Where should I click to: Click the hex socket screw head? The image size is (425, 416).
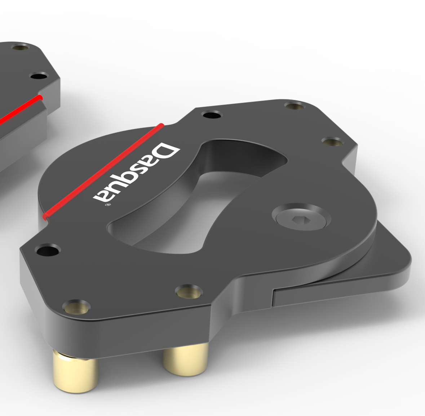301,217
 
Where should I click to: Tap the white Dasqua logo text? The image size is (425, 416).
137,173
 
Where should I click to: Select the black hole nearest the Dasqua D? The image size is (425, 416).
212,115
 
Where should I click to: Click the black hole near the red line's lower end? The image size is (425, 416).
48,250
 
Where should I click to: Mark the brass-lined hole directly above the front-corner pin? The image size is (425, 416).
76,307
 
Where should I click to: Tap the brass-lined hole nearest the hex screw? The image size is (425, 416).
332,141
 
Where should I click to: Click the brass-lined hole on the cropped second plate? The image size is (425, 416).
20,47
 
